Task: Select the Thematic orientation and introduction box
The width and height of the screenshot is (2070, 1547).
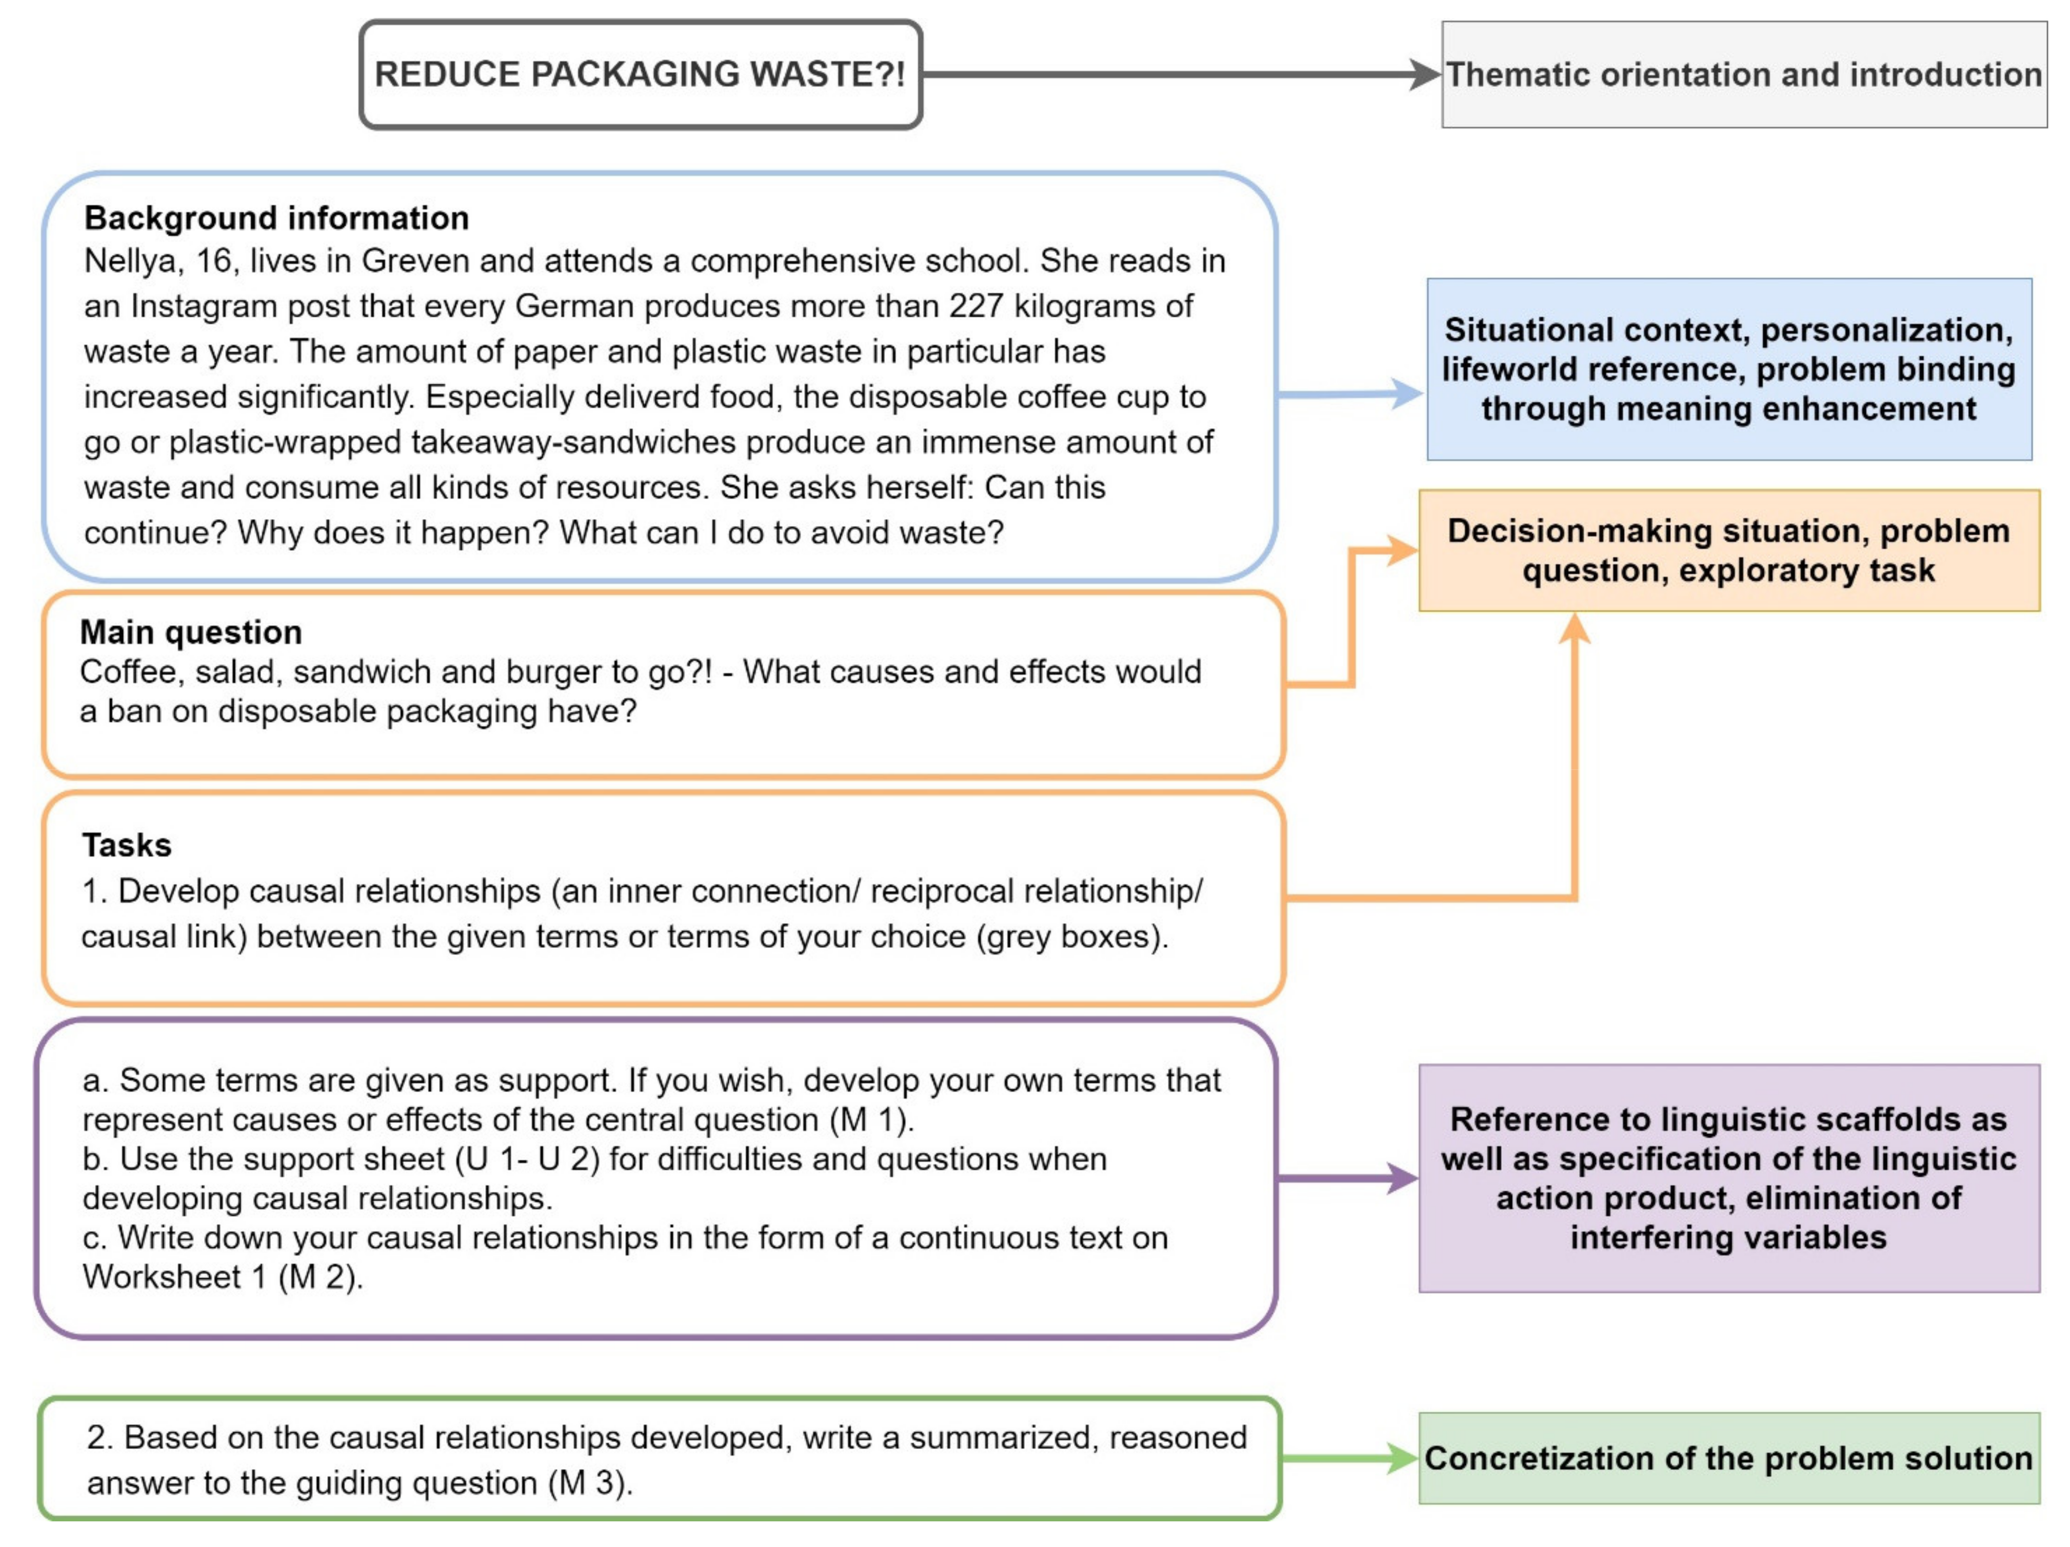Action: (x=1743, y=75)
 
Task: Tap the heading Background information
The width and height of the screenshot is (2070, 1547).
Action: (x=276, y=218)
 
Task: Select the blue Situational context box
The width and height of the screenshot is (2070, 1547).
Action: (x=1728, y=369)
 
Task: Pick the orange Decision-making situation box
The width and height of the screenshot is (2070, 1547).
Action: (x=1728, y=550)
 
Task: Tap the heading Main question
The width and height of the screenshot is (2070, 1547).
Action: (x=191, y=632)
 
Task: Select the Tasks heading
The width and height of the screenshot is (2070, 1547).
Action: (x=126, y=845)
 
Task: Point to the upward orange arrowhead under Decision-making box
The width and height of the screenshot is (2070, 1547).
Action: (x=1575, y=629)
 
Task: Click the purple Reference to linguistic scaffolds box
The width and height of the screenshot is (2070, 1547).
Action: (x=1728, y=1178)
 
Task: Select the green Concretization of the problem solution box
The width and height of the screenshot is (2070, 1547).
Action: (x=1728, y=1458)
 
